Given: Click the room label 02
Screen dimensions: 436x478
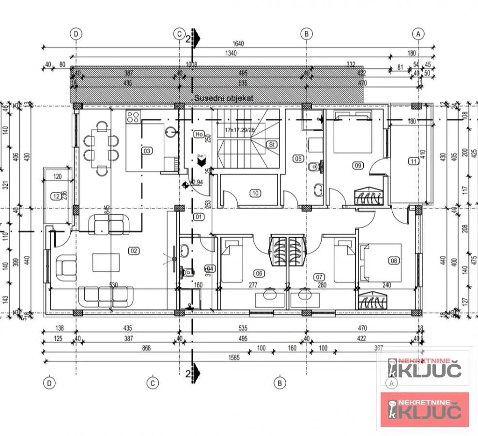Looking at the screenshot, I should pyautogui.click(x=134, y=250).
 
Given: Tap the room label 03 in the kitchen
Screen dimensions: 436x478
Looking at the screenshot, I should pyautogui.click(x=147, y=151).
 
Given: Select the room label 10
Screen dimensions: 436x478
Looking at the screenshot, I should pyautogui.click(x=255, y=193).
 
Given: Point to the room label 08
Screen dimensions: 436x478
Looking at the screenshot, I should pyautogui.click(x=394, y=261).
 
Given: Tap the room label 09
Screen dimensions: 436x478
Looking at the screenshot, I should pyautogui.click(x=358, y=166).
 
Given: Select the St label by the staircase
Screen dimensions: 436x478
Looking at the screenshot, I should pyautogui.click(x=272, y=144).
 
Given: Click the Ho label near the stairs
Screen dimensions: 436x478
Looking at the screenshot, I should pyautogui.click(x=198, y=134).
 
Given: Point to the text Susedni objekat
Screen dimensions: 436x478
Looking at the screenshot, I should pyautogui.click(x=224, y=98).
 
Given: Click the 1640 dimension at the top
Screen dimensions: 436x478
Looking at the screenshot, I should pyautogui.click(x=238, y=43).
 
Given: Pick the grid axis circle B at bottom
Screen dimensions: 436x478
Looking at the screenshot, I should pyautogui.click(x=279, y=383).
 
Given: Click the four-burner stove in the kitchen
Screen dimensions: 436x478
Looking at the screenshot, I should pyautogui.click(x=133, y=117).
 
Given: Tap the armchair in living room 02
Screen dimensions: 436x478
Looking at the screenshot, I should pyautogui.click(x=67, y=267).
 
